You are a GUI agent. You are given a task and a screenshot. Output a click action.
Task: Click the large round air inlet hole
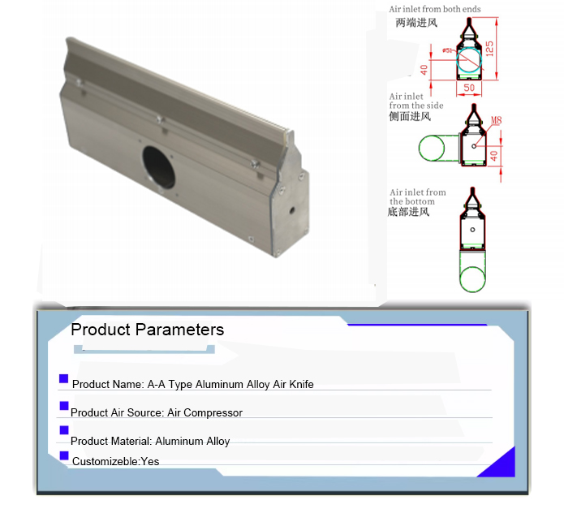click(158, 166)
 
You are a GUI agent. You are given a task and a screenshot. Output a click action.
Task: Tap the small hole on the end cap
click(291, 209)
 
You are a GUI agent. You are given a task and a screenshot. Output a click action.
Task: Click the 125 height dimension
click(489, 48)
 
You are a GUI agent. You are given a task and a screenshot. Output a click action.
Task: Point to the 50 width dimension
click(469, 88)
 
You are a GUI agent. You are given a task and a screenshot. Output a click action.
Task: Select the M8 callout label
click(496, 120)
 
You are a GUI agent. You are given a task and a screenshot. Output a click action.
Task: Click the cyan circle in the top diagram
click(469, 60)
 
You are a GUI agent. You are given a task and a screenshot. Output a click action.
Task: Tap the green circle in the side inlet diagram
click(431, 148)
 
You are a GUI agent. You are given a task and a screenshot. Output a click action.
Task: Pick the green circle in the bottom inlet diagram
click(472, 279)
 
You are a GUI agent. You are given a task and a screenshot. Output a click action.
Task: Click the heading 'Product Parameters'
click(148, 330)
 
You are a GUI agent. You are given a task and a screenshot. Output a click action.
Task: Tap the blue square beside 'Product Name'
click(63, 379)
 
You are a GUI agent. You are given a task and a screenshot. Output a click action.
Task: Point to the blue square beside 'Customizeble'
click(64, 455)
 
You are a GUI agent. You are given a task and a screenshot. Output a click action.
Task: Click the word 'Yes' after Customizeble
click(150, 461)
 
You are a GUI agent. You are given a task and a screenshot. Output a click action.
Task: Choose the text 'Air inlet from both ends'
click(435, 9)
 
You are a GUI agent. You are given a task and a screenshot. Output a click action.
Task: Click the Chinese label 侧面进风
click(410, 116)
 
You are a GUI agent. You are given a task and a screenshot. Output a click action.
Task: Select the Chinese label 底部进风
click(409, 212)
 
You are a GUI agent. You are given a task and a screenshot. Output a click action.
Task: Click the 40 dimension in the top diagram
click(424, 70)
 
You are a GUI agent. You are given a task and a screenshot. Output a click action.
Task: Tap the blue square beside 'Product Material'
click(64, 430)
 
